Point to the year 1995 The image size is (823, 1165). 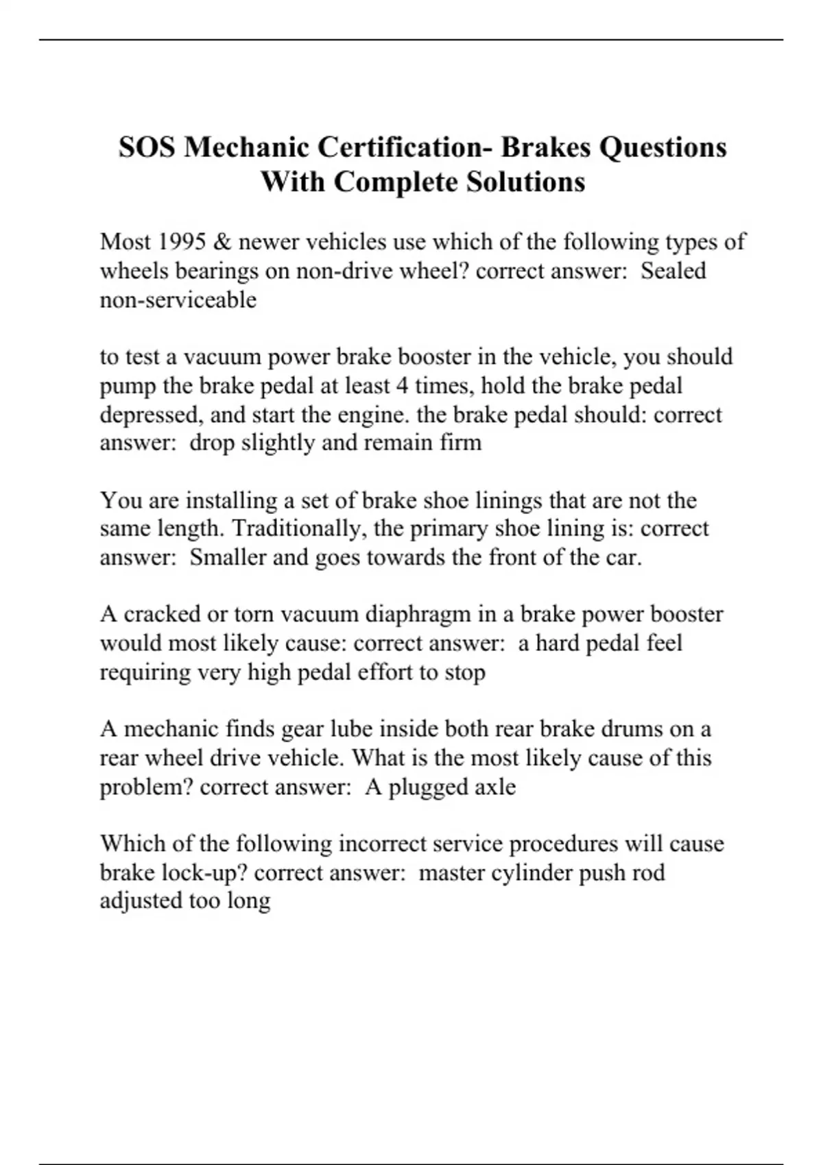coord(181,242)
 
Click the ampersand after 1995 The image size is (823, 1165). coord(221,242)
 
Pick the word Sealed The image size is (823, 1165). coord(673,271)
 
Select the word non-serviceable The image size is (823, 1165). coord(178,299)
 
